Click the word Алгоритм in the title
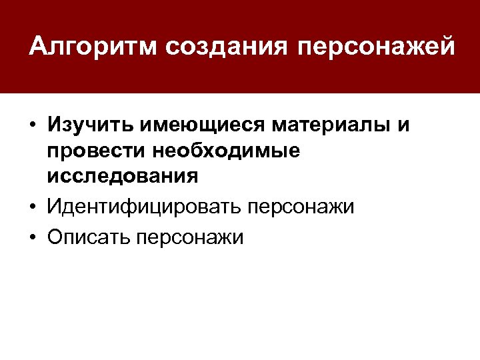[91, 47]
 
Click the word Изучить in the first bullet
[87, 125]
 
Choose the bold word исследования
[122, 177]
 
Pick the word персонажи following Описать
[191, 237]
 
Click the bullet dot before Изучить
[33, 126]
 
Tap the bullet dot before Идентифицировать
[33, 207]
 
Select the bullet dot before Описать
[33, 237]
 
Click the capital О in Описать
[55, 237]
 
